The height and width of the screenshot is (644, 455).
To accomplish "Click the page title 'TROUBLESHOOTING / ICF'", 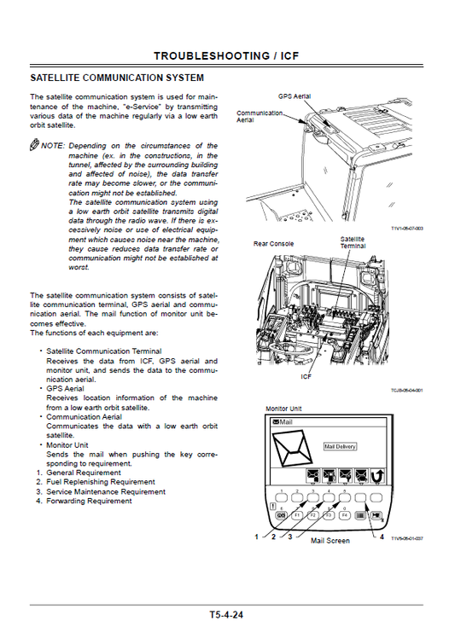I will (x=226, y=56).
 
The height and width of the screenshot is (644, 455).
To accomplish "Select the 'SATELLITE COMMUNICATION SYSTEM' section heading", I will (x=116, y=78).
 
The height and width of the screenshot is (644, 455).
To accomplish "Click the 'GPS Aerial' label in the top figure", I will (x=295, y=96).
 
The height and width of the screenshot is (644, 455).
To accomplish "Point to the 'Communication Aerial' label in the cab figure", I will (x=259, y=116).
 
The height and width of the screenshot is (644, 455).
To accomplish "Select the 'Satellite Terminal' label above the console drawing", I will (x=353, y=241).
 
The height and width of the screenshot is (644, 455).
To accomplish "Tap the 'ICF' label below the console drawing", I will (x=306, y=376).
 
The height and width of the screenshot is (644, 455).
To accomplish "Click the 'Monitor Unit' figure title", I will (x=283, y=409).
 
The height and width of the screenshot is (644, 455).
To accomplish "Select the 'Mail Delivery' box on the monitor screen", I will (x=340, y=446).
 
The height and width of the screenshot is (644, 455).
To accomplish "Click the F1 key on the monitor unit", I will (x=298, y=515).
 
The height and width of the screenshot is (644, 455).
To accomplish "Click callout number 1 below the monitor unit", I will (x=255, y=537).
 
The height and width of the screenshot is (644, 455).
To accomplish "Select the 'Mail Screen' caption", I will (x=330, y=541).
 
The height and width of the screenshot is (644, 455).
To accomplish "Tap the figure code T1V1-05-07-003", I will (x=407, y=229).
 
